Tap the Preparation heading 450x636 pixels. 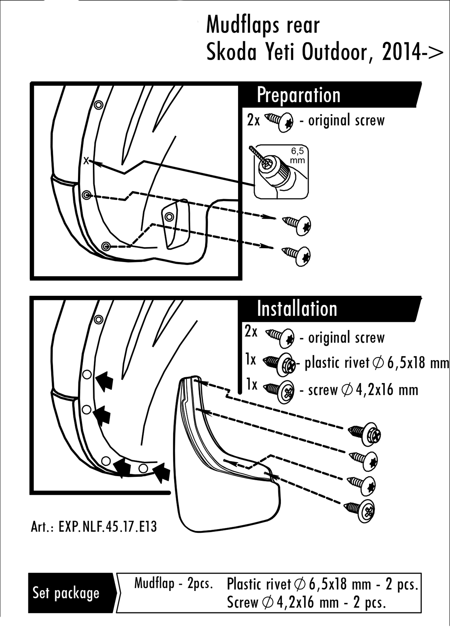point(298,95)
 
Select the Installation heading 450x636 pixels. point(297,309)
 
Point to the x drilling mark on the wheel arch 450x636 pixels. point(86,161)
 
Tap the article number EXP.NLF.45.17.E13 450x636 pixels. point(94,527)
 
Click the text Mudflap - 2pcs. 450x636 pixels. point(174,583)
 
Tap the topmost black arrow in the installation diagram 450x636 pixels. point(104,381)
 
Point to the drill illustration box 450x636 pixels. point(281,172)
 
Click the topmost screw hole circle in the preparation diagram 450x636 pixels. point(99,105)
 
